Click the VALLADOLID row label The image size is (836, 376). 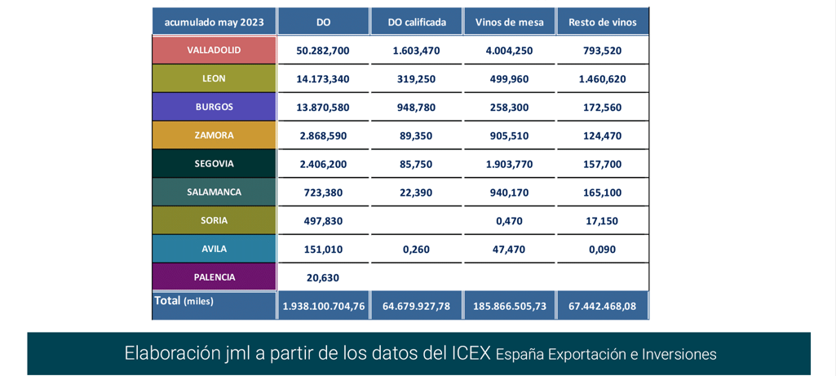[214, 50]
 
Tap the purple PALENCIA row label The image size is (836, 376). [214, 277]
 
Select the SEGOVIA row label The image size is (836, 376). [214, 164]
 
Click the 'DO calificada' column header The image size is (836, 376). [416, 22]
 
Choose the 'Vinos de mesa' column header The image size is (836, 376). [509, 22]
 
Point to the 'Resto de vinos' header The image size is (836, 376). [603, 22]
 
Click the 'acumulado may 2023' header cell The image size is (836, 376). [214, 22]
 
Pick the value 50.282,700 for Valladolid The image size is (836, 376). [323, 51]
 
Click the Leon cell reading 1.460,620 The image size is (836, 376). [603, 79]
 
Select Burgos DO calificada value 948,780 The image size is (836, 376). [416, 108]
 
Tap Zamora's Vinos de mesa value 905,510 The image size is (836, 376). [509, 136]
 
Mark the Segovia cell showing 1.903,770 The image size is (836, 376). [509, 164]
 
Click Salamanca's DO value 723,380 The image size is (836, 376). [323, 192]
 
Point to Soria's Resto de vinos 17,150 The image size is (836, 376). [603, 221]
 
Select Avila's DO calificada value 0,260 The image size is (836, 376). [416, 250]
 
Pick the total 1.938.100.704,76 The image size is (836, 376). [324, 307]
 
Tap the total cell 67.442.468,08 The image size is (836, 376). [603, 307]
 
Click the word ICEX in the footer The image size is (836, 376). [471, 353]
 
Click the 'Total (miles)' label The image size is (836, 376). [184, 301]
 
